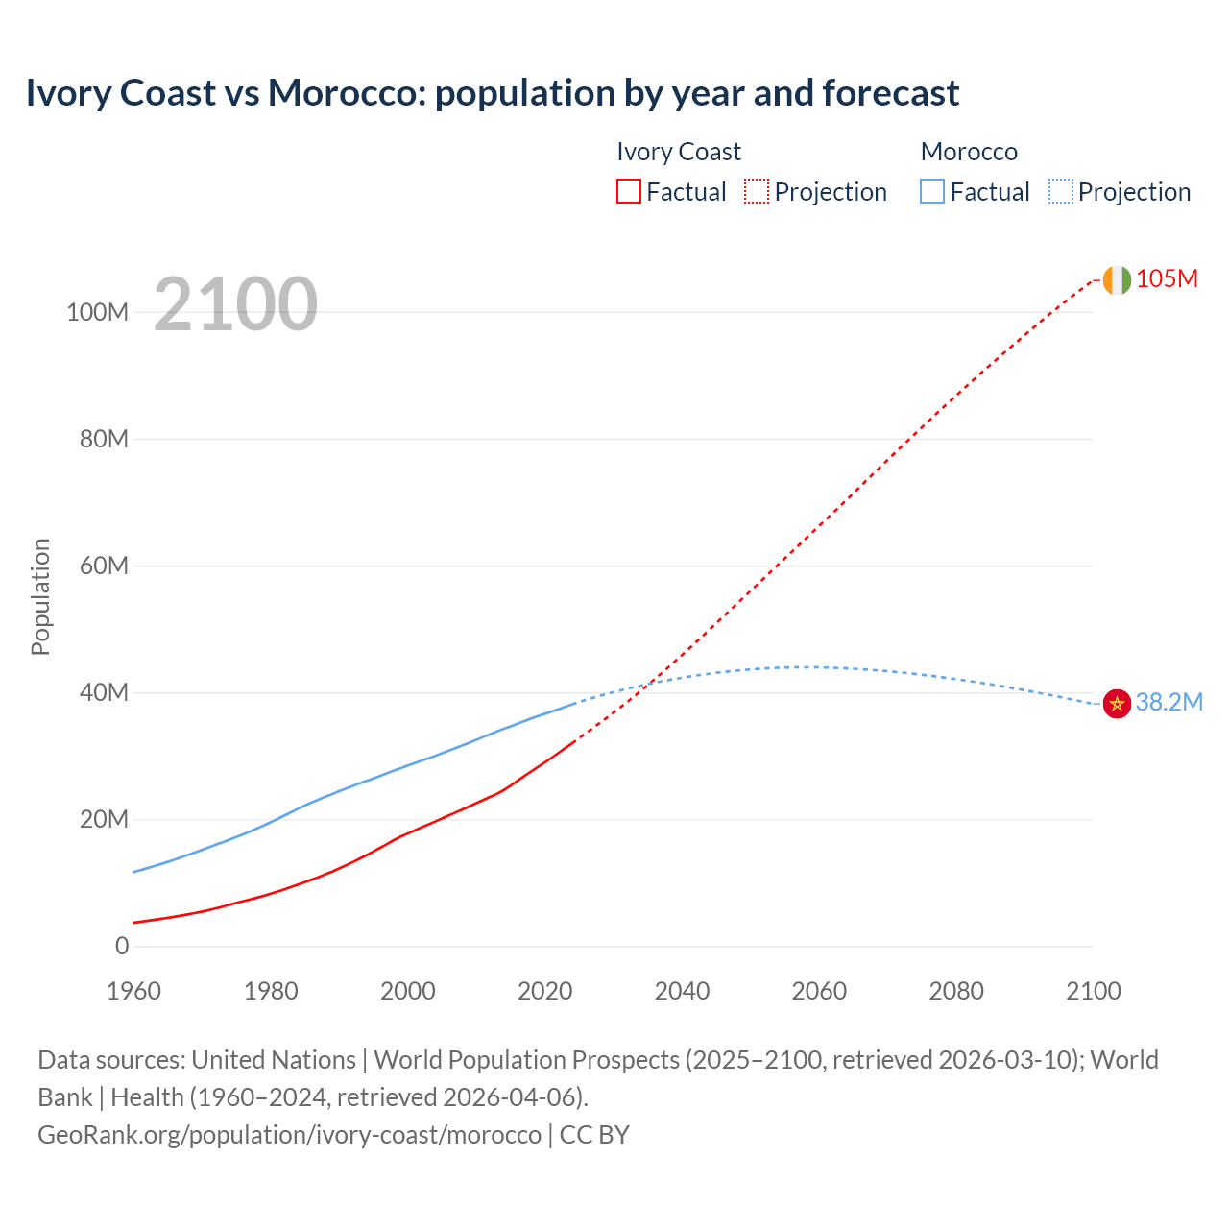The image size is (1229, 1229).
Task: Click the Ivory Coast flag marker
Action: (1117, 279)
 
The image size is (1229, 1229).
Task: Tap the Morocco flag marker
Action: (1117, 704)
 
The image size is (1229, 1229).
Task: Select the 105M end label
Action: (1167, 278)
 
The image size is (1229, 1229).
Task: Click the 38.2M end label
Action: (1169, 702)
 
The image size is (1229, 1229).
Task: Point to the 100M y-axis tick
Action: (97, 312)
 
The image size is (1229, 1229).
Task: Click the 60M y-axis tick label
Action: (104, 566)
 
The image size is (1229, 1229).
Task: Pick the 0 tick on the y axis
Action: (122, 946)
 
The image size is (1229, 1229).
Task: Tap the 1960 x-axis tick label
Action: (133, 991)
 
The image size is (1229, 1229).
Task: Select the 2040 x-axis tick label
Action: (682, 991)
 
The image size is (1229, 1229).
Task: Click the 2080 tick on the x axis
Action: (956, 991)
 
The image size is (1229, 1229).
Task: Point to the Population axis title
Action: (40, 596)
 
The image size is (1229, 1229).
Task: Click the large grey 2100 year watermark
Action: (235, 304)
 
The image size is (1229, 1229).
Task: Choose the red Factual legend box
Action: (628, 191)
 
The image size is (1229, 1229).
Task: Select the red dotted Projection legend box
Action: (757, 191)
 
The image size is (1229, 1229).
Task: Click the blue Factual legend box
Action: (932, 191)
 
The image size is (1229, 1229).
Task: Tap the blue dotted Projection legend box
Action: (1060, 191)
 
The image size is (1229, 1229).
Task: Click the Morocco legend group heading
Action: (969, 152)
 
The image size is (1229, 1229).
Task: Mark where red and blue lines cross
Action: (652, 681)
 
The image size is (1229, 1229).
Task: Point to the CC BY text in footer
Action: (594, 1134)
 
